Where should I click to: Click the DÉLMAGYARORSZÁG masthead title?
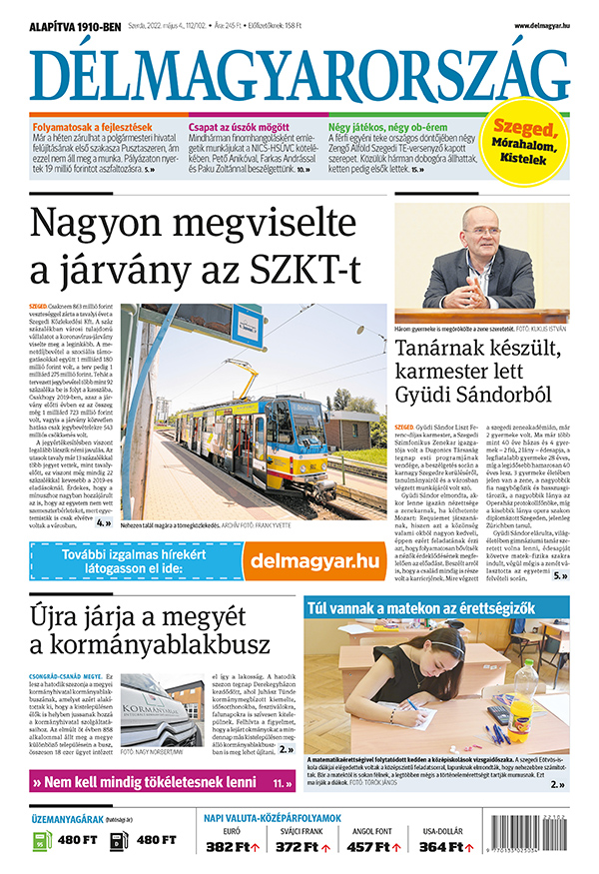pyautogui.click(x=299, y=72)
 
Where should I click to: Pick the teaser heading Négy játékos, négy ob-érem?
pyautogui.click(x=389, y=128)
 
